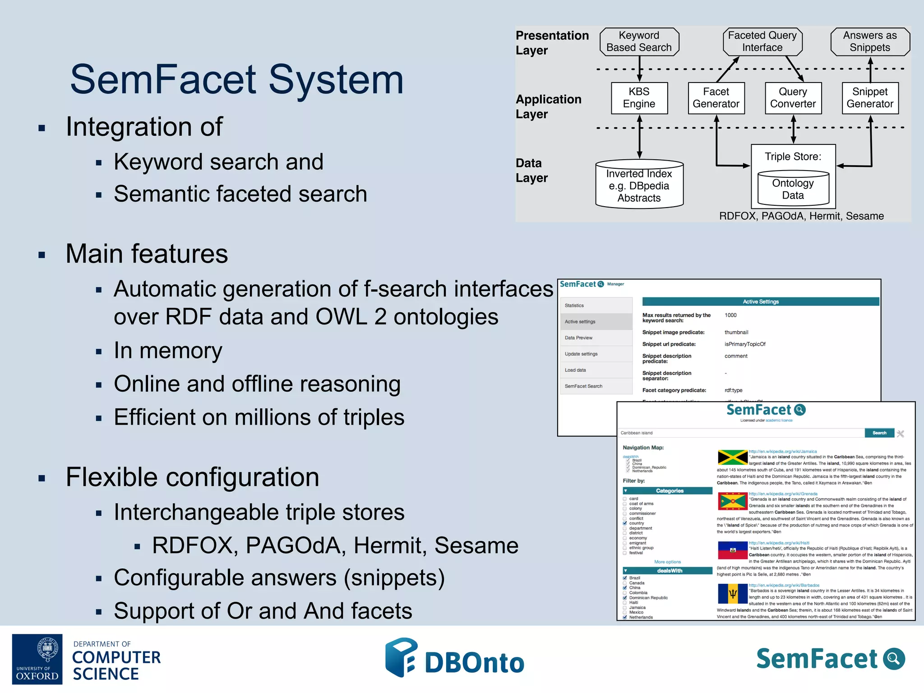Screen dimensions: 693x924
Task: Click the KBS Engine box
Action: coord(639,98)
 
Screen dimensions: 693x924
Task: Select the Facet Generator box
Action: coord(716,98)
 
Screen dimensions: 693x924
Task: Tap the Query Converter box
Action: coord(793,98)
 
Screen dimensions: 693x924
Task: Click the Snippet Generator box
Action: coord(870,98)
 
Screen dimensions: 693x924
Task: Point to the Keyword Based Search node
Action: coord(639,42)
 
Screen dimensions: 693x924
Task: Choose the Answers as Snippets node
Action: coord(870,42)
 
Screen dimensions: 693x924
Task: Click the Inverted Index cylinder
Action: coord(639,185)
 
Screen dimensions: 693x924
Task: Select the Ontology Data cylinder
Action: coord(793,189)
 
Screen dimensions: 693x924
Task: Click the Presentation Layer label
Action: coord(552,42)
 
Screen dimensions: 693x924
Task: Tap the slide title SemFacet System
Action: coord(237,79)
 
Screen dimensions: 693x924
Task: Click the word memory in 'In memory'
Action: coord(180,351)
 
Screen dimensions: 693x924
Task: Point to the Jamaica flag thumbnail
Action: coord(732,457)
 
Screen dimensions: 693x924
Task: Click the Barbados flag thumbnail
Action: coord(732,593)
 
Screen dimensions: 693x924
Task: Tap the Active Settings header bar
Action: coord(760,301)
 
